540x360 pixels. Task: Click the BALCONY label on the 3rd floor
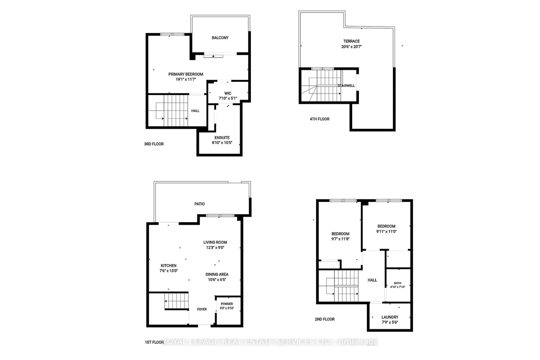(x=220, y=38)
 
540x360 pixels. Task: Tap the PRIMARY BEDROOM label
(x=186, y=74)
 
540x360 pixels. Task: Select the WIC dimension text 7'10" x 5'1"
(x=228, y=98)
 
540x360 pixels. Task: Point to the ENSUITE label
(x=222, y=137)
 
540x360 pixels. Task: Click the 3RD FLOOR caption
(x=154, y=144)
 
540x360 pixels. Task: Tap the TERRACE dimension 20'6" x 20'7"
(x=351, y=47)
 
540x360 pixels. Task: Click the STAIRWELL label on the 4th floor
(x=346, y=86)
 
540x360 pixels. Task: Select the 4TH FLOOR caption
(x=319, y=119)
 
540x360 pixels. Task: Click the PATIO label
(x=200, y=204)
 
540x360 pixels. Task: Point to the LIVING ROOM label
(x=215, y=242)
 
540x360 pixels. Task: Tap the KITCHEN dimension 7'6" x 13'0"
(x=169, y=271)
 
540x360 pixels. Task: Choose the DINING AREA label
(x=217, y=274)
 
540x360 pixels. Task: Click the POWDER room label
(x=227, y=304)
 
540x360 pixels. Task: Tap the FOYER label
(x=202, y=309)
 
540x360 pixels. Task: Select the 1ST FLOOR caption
(x=154, y=343)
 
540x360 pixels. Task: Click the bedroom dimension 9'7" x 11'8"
(x=340, y=239)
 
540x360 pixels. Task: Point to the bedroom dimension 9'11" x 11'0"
(x=386, y=232)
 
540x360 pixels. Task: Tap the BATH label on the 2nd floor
(x=398, y=283)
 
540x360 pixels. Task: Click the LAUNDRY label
(x=390, y=317)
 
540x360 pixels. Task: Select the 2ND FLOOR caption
(x=324, y=319)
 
